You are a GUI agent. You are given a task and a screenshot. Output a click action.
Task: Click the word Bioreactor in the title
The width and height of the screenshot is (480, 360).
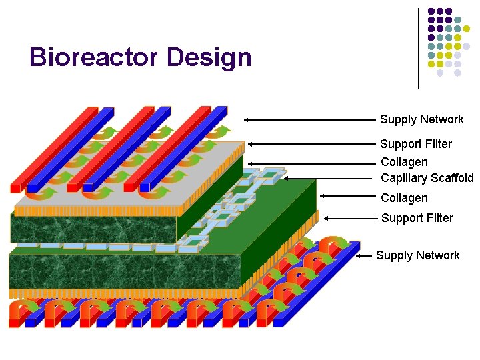click(x=94, y=57)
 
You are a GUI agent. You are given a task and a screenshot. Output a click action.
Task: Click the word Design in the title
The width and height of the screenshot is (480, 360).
click(x=209, y=57)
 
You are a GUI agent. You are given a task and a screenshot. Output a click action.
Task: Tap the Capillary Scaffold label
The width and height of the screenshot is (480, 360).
click(x=427, y=178)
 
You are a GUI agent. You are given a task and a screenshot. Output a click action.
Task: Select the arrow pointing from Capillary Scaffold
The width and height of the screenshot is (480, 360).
click(x=327, y=178)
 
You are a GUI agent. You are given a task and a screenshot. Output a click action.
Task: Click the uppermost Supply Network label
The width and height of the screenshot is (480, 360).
click(x=421, y=119)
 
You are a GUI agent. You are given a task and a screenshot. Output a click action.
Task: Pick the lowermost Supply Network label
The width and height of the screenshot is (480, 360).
click(x=417, y=255)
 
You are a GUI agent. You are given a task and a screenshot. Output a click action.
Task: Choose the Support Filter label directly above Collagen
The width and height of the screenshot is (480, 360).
click(x=415, y=144)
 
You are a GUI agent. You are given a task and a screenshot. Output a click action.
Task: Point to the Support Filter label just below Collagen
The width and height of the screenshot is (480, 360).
click(x=417, y=218)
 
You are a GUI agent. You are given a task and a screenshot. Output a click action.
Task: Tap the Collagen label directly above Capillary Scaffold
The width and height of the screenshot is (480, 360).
click(x=404, y=162)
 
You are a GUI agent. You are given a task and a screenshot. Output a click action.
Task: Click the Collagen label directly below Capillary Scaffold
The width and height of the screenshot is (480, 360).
click(x=404, y=198)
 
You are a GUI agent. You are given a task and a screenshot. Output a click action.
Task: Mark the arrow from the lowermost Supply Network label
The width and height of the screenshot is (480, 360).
click(x=365, y=255)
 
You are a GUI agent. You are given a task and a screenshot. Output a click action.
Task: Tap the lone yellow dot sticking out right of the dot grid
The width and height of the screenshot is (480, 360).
click(x=475, y=29)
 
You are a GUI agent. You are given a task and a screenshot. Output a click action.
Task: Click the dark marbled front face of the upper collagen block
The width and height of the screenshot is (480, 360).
click(x=93, y=229)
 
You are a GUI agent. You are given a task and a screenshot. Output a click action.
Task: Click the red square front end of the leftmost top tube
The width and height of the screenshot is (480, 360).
click(x=16, y=189)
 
